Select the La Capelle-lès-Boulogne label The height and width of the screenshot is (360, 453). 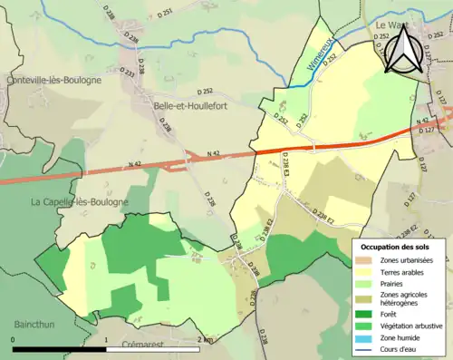pos(80,201)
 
